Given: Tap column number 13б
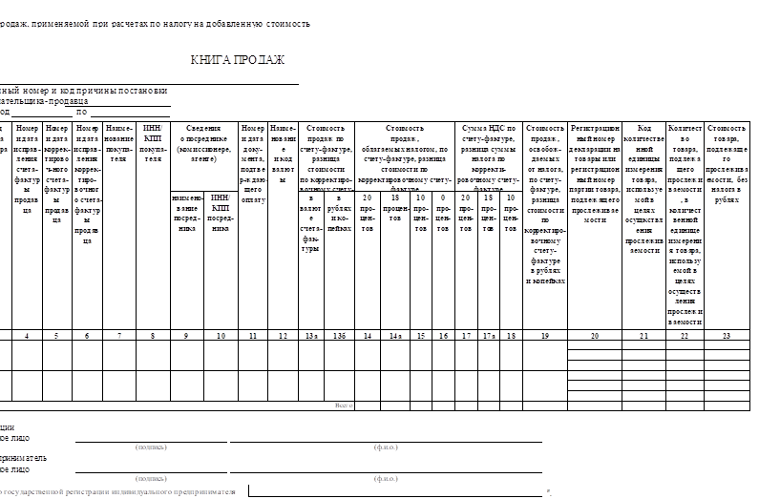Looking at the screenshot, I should (341, 336).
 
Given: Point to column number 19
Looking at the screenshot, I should (544, 336).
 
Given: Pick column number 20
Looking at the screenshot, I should (595, 336).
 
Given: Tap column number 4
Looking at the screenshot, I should (27, 336).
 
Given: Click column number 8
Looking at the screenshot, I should (152, 336).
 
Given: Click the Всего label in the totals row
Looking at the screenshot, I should (344, 405).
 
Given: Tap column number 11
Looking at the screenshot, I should (252, 336).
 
